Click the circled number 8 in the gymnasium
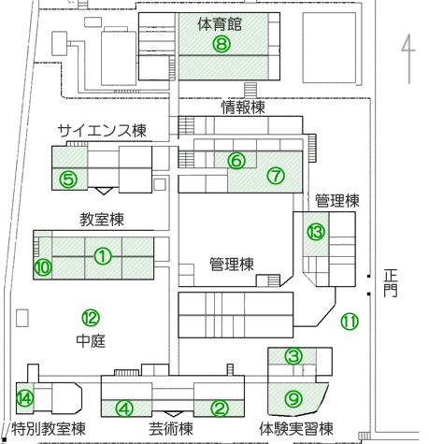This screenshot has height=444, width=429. [222, 44]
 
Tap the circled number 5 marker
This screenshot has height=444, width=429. [68, 179]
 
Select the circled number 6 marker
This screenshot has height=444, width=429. [236, 161]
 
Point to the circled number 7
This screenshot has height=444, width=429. [276, 176]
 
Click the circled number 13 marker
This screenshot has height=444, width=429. [316, 232]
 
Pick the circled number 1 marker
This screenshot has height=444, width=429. [103, 256]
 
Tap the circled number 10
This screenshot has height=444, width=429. [43, 267]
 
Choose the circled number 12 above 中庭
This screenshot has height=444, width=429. [91, 318]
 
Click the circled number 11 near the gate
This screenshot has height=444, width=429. [350, 322]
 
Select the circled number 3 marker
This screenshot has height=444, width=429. [293, 356]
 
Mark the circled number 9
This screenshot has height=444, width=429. [293, 398]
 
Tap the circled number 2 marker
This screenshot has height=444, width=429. [220, 408]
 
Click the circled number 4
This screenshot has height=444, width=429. [124, 408]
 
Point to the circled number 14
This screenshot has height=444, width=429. [25, 398]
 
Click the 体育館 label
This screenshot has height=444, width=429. [220, 24]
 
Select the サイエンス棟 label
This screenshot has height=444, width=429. [102, 131]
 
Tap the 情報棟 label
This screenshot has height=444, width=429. [243, 107]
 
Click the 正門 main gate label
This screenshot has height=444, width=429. [391, 283]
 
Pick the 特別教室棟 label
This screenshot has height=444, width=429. [49, 429]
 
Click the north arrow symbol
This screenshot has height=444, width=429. [408, 59]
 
